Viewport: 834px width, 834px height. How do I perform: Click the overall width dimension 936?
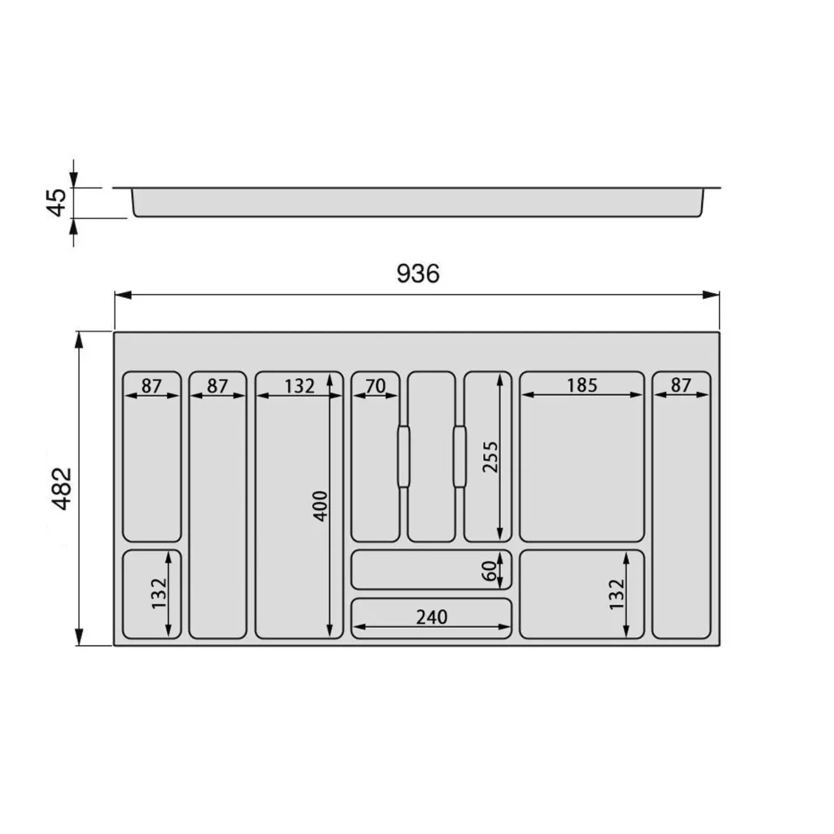point(418,274)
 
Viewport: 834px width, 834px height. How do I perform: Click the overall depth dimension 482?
point(62,489)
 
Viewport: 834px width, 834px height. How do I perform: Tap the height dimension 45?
point(57,203)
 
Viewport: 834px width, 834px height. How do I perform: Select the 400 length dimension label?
point(320,506)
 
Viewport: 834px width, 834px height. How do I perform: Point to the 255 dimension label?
point(489,457)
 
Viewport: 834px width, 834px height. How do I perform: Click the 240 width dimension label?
point(432,617)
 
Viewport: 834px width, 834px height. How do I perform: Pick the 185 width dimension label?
point(582,385)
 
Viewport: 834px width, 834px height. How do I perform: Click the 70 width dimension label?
point(375,385)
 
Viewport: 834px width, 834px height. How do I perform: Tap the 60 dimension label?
point(489,571)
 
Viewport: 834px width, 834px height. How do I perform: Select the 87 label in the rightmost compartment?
point(681,385)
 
